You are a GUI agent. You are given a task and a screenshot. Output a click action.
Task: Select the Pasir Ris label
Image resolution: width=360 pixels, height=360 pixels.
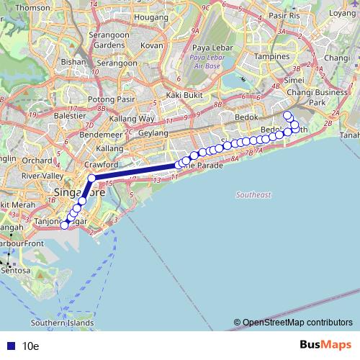(x=284, y=14)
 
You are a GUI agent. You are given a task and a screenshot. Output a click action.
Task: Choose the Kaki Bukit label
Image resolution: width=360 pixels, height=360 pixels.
(x=182, y=94)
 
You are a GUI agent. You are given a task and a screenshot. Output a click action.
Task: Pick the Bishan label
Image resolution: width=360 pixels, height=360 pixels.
(x=74, y=62)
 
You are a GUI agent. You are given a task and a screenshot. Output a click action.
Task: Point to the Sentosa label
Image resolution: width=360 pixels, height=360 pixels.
(x=16, y=271)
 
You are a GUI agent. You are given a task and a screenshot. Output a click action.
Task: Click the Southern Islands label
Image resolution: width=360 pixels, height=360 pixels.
(x=63, y=323)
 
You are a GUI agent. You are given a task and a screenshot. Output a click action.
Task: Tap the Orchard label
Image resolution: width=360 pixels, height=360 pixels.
(x=32, y=160)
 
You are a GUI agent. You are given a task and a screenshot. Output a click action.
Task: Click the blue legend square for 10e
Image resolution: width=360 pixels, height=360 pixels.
(x=9, y=346)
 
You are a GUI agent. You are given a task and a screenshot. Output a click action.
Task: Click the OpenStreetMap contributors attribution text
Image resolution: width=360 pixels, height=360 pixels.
(x=297, y=322)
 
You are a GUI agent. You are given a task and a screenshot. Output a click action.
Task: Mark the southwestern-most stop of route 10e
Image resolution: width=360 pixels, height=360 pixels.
(x=63, y=225)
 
